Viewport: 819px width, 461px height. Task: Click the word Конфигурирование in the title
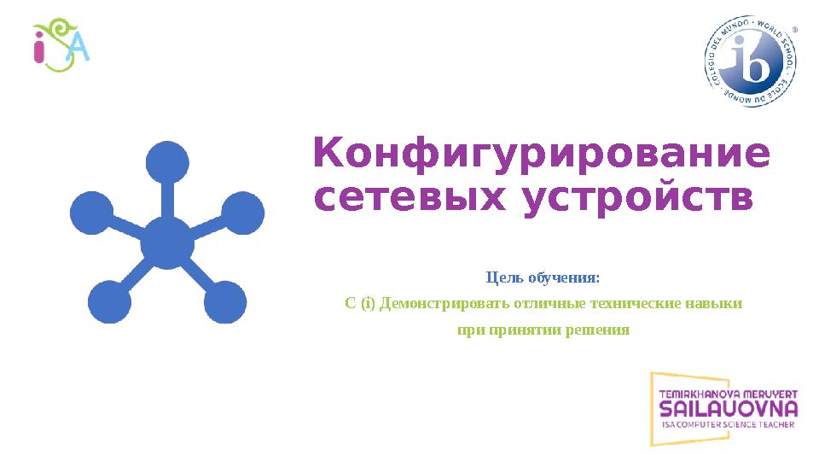[542, 155]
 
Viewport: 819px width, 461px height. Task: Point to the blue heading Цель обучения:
[543, 278]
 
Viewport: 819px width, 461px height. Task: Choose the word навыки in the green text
[716, 304]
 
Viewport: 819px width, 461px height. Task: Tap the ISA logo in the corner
[61, 48]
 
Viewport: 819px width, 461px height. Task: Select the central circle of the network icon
[167, 243]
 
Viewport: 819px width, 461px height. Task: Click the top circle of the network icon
[167, 163]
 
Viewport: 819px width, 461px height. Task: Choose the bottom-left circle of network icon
[109, 301]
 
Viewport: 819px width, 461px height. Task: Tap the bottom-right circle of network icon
[225, 301]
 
